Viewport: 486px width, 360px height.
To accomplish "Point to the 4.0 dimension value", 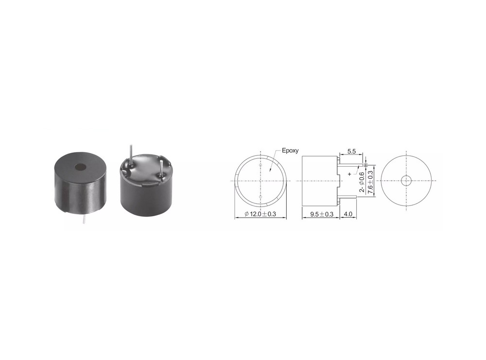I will (348, 214).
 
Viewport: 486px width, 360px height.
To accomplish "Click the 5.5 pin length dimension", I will (352, 152).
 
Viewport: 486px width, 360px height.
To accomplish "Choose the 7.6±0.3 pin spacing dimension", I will (371, 180).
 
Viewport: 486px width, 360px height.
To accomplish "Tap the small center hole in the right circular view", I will (406, 181).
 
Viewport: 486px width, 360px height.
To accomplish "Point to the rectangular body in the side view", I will (319, 181).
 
